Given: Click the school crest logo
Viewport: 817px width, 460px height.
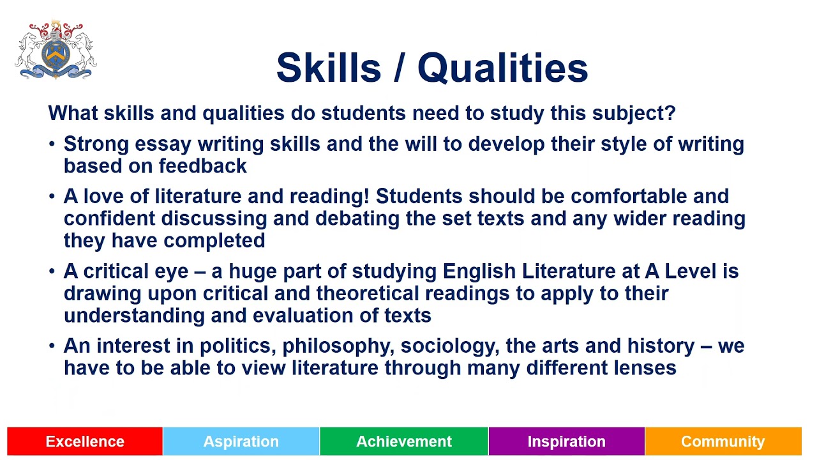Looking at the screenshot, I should pos(56,50).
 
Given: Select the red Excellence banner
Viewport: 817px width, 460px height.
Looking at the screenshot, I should pos(85,441).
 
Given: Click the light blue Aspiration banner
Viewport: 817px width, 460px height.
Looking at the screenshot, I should pos(241,441).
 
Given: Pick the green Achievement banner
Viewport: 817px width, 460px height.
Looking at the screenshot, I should pos(404,441).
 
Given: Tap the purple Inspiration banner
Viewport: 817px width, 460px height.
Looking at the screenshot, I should pos(567,441).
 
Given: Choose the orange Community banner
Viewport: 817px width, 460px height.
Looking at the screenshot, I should pos(723,441).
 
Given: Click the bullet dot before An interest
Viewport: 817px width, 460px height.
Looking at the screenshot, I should pos(52,346).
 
